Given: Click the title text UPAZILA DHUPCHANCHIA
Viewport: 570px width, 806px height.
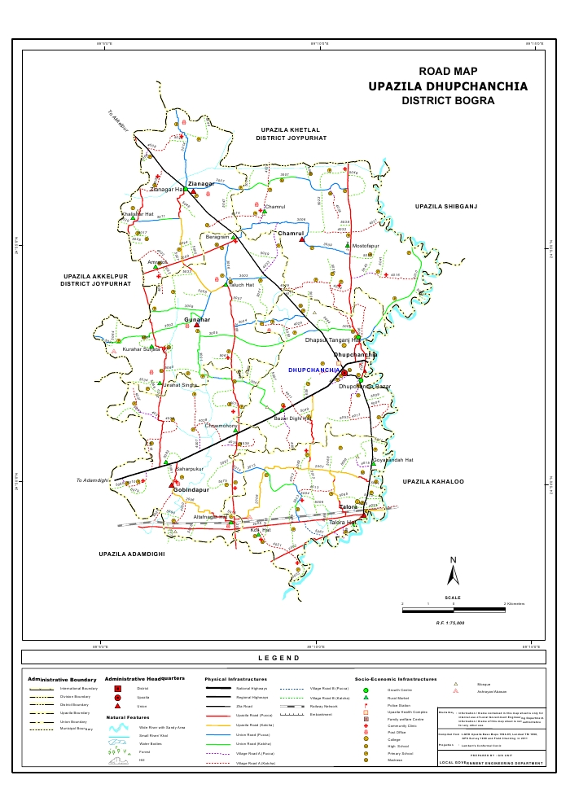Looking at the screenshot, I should (x=447, y=86).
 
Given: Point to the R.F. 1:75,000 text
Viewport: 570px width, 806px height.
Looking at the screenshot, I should (x=449, y=622).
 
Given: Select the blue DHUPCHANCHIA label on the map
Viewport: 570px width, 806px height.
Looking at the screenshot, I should (x=315, y=370).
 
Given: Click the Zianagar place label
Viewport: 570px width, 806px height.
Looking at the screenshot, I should (x=201, y=184).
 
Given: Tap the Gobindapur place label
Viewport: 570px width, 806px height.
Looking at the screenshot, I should (x=191, y=490).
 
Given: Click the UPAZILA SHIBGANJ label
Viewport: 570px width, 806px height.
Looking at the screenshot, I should (x=445, y=207).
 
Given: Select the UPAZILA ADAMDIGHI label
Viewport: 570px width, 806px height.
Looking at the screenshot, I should (x=132, y=554).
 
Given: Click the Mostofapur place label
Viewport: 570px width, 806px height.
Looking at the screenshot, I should (x=366, y=245).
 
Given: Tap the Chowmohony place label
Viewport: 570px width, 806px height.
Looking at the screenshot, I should (x=221, y=426).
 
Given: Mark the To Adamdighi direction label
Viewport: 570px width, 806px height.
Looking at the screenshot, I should (x=92, y=480).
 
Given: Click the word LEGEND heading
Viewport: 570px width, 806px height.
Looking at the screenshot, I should (x=279, y=658).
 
